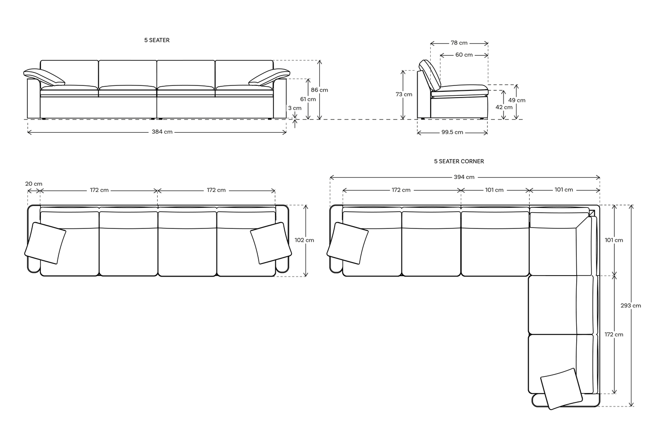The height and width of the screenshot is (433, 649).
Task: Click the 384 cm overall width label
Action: click(162, 132)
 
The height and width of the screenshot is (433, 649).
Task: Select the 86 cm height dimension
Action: click(319, 90)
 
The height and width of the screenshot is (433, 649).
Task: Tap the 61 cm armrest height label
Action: click(308, 99)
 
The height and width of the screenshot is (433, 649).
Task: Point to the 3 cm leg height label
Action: click(295, 108)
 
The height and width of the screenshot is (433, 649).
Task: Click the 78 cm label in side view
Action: click(459, 43)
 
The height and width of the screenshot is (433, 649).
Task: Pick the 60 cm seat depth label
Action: click(464, 55)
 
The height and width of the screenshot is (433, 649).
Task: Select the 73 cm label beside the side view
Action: click(404, 94)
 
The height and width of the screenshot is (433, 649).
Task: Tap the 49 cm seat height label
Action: click(517, 100)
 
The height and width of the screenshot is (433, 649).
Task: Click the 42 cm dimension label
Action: click(503, 107)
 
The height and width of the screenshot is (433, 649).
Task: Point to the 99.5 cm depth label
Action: click(452, 133)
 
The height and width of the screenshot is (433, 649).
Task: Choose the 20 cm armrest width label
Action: click(34, 184)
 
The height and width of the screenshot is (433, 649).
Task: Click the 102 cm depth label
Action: click(304, 240)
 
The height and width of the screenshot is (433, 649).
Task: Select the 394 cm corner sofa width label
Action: click(464, 177)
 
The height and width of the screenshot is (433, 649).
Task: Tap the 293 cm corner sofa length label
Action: click(631, 306)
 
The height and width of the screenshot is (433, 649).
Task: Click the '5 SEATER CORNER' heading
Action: click(459, 161)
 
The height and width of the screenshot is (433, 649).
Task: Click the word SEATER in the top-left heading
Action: click(159, 40)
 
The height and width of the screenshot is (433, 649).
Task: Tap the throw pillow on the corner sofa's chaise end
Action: click(561, 388)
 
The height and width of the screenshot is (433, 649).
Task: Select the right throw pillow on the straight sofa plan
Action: click(269, 243)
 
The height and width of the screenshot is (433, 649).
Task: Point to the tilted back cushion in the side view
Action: click(430, 75)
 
